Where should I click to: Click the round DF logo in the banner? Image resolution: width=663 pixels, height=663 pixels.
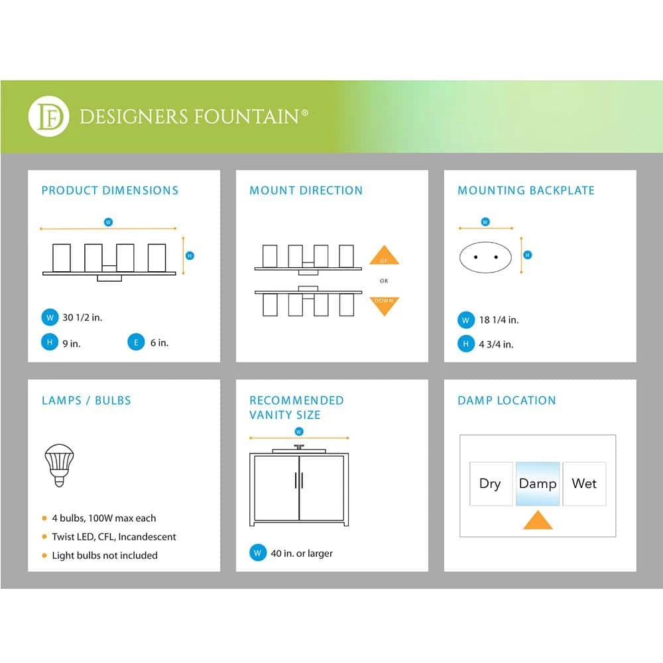(48, 117)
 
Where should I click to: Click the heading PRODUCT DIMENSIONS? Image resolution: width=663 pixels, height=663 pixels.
(110, 190)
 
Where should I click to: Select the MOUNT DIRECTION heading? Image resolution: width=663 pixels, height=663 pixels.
(306, 190)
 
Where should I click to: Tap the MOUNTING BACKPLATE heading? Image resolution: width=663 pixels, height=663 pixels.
(526, 190)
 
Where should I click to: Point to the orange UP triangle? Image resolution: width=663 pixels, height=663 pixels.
(384, 257)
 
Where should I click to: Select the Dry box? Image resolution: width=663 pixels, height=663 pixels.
(490, 483)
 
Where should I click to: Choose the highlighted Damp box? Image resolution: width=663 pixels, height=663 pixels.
(538, 483)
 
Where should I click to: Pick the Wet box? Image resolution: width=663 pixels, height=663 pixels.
(584, 483)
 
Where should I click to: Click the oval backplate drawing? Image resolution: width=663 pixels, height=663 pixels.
(485, 256)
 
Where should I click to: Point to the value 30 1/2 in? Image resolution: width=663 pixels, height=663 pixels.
(82, 318)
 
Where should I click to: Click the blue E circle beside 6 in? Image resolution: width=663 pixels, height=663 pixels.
(136, 343)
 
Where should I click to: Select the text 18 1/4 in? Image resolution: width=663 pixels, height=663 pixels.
(499, 320)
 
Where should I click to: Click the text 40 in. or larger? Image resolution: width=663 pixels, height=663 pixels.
(302, 553)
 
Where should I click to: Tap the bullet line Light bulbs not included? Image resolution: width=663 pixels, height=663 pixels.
(105, 556)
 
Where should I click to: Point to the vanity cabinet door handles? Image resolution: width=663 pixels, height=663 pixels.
(299, 480)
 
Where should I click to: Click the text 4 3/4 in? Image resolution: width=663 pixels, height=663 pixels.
(496, 344)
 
